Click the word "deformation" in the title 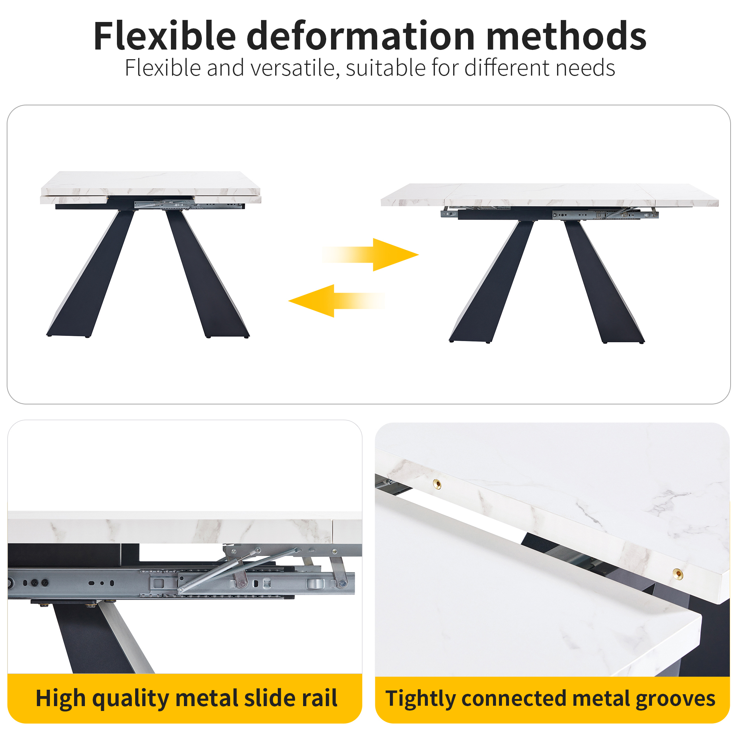tap(361, 36)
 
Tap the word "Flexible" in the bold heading tap(165, 36)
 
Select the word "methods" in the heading tap(566, 36)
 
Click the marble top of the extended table tap(550, 195)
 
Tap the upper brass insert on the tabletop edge tap(437, 484)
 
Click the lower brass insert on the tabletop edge tap(678, 574)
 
